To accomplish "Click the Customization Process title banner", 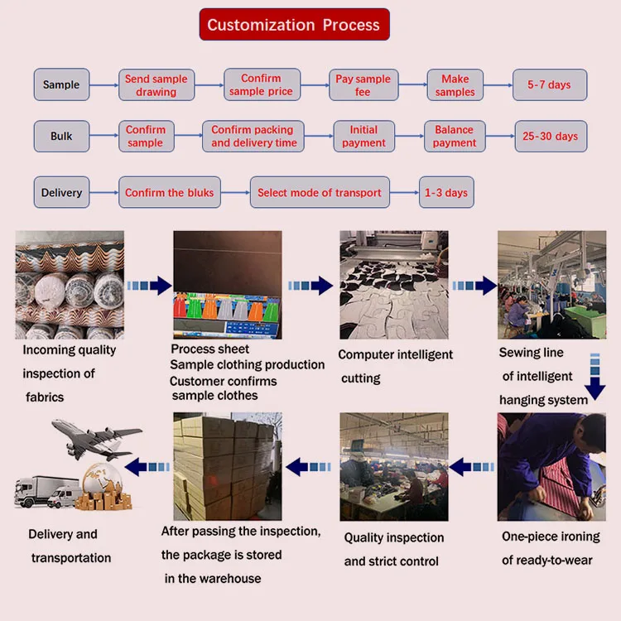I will click(294, 25).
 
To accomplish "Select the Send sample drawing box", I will click(156, 85).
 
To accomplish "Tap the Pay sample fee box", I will click(363, 85).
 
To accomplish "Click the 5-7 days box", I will click(549, 85).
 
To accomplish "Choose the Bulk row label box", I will click(61, 136).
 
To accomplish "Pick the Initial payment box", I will click(363, 136).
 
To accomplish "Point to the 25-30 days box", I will click(550, 136).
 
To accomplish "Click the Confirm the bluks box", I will click(169, 193).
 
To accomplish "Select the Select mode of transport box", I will click(319, 193).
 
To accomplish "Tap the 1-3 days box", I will click(445, 193).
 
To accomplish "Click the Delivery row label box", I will click(61, 193).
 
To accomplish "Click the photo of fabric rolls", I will click(70, 285).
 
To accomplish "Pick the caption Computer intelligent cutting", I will click(395, 366).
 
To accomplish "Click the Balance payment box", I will click(454, 136).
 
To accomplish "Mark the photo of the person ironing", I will click(551, 467).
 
